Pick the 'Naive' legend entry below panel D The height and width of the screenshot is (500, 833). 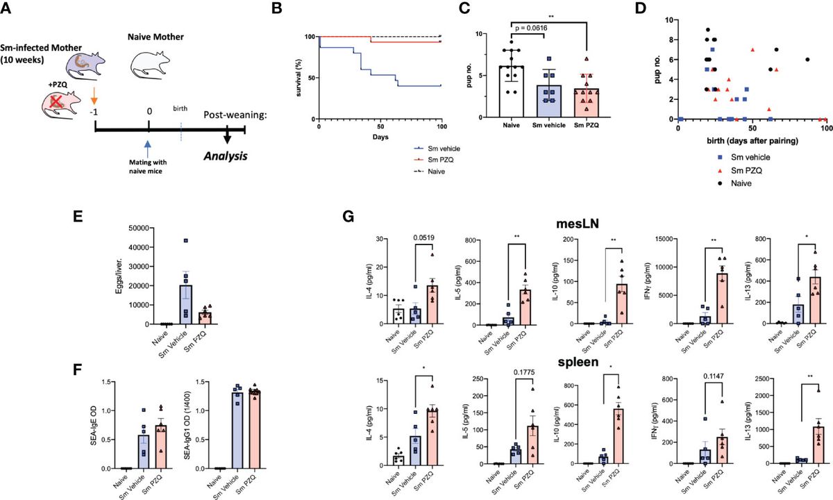(725, 183)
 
